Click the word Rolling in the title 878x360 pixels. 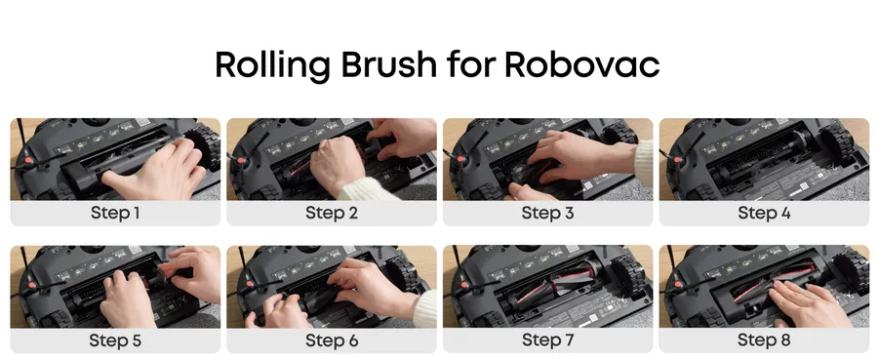point(272,65)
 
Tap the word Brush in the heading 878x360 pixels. point(388,64)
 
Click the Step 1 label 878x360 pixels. point(115,214)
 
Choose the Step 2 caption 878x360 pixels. point(332,214)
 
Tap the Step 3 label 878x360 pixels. point(547,214)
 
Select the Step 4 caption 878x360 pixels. point(764,214)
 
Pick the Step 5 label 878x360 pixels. point(115,340)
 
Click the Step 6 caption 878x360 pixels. point(332,340)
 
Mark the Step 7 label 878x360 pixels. point(547,340)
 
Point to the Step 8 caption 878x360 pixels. point(764,340)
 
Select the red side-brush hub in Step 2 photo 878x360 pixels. point(241,161)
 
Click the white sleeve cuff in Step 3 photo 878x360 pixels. point(644,162)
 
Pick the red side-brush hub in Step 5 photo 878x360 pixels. point(32,285)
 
